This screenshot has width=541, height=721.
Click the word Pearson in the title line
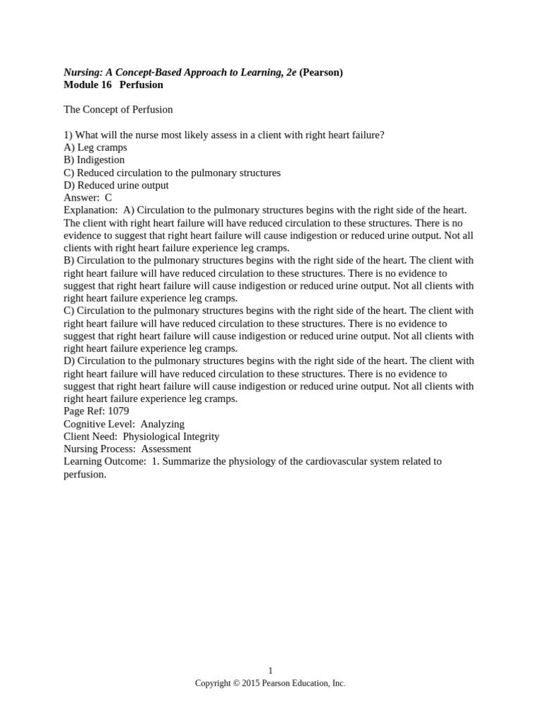(321, 72)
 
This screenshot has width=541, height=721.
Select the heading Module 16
(87, 84)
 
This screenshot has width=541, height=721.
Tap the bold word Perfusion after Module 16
(141, 84)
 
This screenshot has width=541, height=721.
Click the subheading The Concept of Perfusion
(118, 110)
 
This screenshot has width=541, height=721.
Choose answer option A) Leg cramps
(95, 148)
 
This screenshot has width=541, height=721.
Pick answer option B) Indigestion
(94, 161)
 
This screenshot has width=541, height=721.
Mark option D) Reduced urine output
(116, 186)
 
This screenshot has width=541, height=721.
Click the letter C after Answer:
(108, 198)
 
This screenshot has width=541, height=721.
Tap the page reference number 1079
(118, 411)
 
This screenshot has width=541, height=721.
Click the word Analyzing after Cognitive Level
(162, 424)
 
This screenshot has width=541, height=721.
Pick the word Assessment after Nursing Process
(166, 449)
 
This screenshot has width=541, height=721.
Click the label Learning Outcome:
(105, 462)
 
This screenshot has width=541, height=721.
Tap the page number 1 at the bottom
(270, 671)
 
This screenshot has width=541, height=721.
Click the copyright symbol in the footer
(235, 683)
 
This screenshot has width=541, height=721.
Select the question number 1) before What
(68, 135)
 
